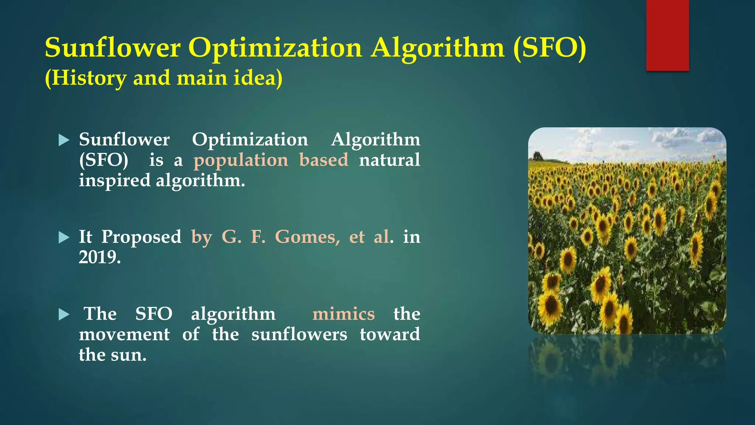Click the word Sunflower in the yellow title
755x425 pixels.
click(x=112, y=48)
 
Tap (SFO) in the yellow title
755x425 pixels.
click(x=549, y=48)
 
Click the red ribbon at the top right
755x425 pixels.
click(x=667, y=35)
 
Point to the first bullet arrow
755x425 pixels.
click(x=64, y=140)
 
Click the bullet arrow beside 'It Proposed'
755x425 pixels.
click(x=64, y=238)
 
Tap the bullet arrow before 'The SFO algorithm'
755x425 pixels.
click(x=64, y=315)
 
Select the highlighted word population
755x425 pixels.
click(x=241, y=160)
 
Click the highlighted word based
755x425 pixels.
click(x=324, y=160)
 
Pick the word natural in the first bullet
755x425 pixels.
click(x=389, y=160)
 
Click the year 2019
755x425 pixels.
click(x=100, y=257)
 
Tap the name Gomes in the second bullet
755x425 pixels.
click(x=307, y=237)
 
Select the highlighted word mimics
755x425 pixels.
click(x=343, y=314)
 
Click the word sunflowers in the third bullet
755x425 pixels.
click(x=299, y=335)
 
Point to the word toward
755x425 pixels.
click(x=390, y=335)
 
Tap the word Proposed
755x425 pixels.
click(x=141, y=237)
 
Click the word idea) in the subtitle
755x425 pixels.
click(x=258, y=78)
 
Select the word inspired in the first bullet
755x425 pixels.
click(x=115, y=181)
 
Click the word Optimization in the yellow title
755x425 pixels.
click(x=275, y=48)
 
